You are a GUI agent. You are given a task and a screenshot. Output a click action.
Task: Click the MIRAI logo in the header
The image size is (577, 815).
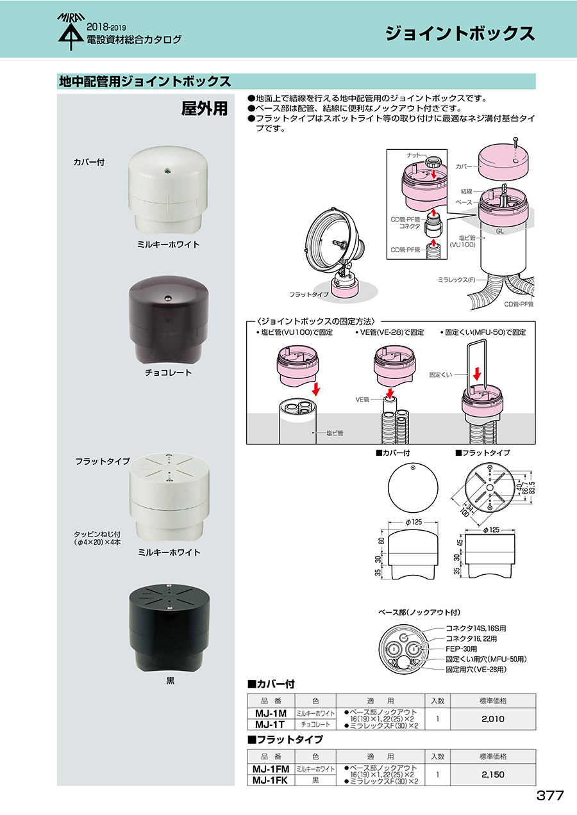pyautogui.click(x=71, y=32)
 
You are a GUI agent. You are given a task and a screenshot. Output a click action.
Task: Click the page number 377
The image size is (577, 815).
pyautogui.click(x=549, y=795)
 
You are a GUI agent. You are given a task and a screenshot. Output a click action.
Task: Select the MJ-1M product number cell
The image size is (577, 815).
pyautogui.click(x=271, y=713)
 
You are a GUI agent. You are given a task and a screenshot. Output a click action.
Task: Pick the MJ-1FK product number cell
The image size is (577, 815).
pyautogui.click(x=271, y=780)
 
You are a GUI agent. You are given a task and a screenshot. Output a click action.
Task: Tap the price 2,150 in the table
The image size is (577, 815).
pyautogui.click(x=493, y=775)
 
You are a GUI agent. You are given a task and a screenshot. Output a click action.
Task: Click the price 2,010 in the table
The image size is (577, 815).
pyautogui.click(x=493, y=718)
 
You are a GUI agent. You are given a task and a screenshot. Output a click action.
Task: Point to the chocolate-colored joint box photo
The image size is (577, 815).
pyautogui.click(x=169, y=319)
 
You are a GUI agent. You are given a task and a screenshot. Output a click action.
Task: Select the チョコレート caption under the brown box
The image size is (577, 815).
pyautogui.click(x=168, y=373)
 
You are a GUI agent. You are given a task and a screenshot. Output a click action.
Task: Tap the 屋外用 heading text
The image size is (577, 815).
pyautogui.click(x=205, y=108)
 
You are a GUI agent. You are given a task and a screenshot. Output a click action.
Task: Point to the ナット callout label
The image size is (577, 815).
pyautogui.click(x=414, y=156)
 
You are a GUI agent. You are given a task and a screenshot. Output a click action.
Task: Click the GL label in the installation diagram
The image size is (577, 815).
pyautogui.click(x=500, y=231)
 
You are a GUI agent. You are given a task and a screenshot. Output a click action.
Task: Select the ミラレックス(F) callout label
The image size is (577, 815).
pyautogui.click(x=456, y=280)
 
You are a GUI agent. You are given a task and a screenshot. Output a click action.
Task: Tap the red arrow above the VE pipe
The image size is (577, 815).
pyautogui.click(x=390, y=393)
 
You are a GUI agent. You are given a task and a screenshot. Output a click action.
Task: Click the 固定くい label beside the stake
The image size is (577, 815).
pyautogui.click(x=440, y=375)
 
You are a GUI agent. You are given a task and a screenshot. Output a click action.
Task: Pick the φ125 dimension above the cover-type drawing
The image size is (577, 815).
pyautogui.click(x=414, y=522)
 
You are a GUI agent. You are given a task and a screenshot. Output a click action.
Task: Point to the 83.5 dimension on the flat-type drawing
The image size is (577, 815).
pyautogui.click(x=532, y=488)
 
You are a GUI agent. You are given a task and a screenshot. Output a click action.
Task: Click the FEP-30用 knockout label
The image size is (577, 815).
pyautogui.click(x=461, y=649)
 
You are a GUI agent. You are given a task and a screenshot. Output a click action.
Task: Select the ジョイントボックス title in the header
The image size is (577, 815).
pyautogui.click(x=460, y=33)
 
